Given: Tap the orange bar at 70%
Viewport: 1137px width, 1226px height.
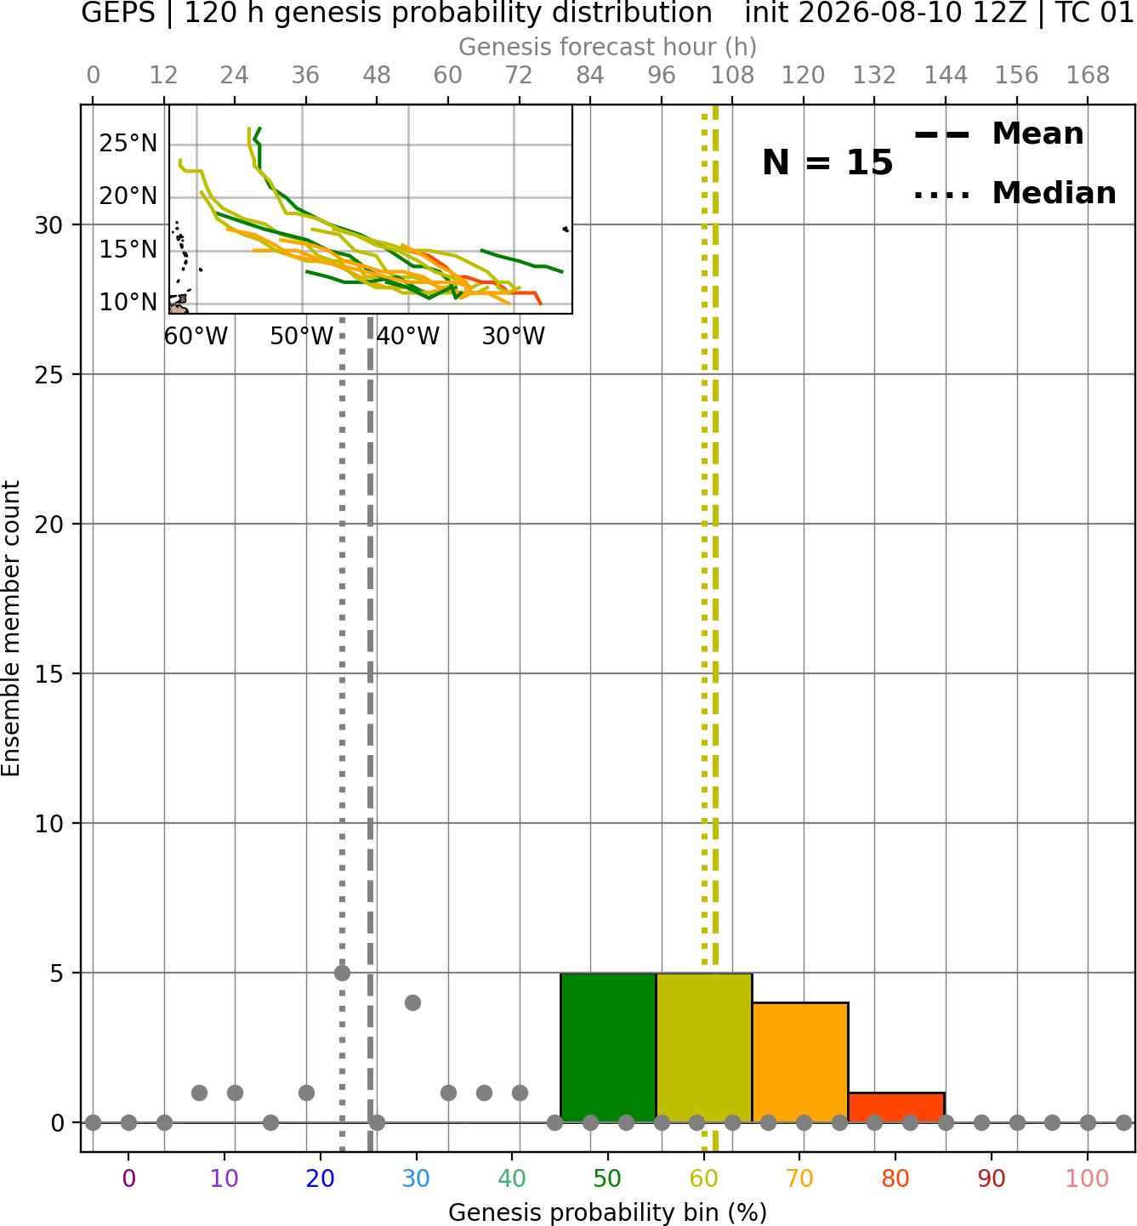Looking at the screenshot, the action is click(800, 1063).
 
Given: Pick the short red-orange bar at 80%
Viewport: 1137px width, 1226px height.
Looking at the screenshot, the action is click(896, 1108).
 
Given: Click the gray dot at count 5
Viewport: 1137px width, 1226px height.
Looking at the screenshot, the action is click(342, 973).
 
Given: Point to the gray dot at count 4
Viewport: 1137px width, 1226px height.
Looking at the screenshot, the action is click(413, 1003).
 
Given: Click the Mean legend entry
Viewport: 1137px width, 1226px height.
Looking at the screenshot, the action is click(998, 134).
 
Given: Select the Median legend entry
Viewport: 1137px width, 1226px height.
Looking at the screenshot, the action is click(1015, 194).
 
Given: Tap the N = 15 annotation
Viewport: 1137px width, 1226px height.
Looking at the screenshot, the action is click(827, 162).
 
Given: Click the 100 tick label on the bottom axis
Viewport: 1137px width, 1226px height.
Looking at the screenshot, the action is click(1087, 1178).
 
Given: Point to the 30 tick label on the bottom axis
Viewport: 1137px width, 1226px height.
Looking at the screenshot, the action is click(416, 1178).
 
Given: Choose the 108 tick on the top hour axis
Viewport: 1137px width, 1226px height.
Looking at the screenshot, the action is click(732, 76).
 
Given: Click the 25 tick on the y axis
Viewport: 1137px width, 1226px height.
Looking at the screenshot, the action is click(49, 375).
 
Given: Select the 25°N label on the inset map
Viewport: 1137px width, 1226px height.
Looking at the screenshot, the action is click(128, 143).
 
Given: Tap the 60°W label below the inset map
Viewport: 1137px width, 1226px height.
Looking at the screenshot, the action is click(196, 337).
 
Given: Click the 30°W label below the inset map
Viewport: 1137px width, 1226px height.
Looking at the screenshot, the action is click(514, 337).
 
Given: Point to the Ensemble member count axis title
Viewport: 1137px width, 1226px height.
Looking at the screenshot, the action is click(10, 628).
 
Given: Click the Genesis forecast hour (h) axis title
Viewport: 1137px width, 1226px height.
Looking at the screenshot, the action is click(608, 47).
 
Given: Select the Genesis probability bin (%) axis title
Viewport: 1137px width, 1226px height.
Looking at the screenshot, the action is click(608, 1212).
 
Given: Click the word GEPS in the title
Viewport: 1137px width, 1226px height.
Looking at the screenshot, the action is click(118, 13).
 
